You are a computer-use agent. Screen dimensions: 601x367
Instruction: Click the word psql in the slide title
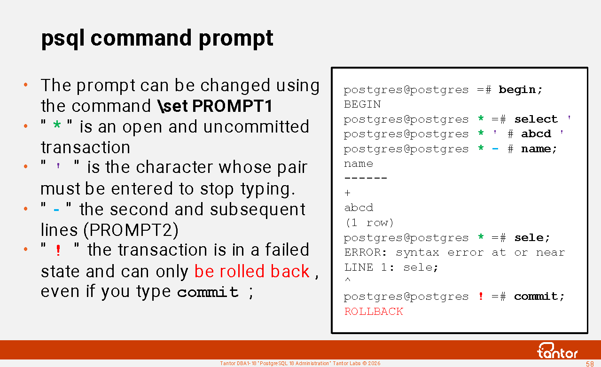pyautogui.click(x=63, y=39)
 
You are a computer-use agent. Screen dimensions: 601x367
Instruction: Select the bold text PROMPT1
pyautogui.click(x=232, y=106)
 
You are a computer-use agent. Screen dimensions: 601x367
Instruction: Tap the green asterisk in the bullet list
pyautogui.click(x=57, y=125)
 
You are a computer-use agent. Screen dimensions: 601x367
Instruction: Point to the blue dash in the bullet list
pyautogui.click(x=56, y=210)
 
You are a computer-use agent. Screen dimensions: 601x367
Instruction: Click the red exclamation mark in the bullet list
pyautogui.click(x=58, y=250)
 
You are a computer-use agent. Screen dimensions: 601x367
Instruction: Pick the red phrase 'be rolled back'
pyautogui.click(x=252, y=271)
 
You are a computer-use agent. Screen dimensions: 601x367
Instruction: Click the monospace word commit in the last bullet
pyautogui.click(x=208, y=292)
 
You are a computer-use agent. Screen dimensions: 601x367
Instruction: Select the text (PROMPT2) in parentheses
pyautogui.click(x=131, y=230)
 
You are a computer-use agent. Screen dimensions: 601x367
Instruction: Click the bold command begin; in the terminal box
pyautogui.click(x=521, y=90)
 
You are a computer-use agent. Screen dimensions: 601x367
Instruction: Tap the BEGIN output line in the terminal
pyautogui.click(x=362, y=104)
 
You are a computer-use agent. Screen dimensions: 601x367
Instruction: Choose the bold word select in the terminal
pyautogui.click(x=536, y=119)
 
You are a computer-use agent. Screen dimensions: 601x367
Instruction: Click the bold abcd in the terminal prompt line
pyautogui.click(x=536, y=133)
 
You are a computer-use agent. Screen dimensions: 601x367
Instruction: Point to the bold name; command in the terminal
pyautogui.click(x=539, y=148)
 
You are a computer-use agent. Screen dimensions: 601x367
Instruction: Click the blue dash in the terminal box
pyautogui.click(x=495, y=149)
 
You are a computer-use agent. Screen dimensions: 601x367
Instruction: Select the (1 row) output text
pyautogui.click(x=369, y=223)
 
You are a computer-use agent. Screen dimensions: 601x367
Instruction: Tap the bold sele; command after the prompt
pyautogui.click(x=532, y=238)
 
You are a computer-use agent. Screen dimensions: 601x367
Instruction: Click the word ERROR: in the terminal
pyautogui.click(x=366, y=252)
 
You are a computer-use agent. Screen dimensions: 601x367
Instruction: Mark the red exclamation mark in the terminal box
pyautogui.click(x=481, y=296)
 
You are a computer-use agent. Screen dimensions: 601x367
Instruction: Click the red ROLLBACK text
pyautogui.click(x=374, y=312)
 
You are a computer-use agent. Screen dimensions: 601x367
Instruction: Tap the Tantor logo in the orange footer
pyautogui.click(x=557, y=351)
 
